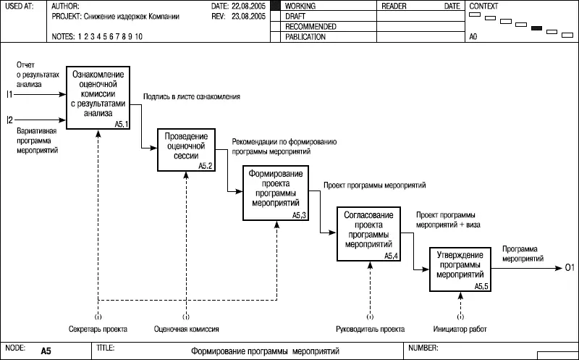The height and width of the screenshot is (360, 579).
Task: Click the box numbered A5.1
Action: point(98,98)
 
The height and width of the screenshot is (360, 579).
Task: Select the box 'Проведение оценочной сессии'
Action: point(187,150)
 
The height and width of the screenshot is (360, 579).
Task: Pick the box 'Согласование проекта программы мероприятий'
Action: point(368,234)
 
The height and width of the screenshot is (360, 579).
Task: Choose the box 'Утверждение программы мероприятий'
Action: point(460,269)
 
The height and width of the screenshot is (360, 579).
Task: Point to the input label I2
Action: point(9,119)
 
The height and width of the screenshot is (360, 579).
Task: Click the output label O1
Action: point(569,269)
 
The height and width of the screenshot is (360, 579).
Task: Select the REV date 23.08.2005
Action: point(248,15)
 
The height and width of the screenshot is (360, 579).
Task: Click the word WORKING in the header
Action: point(301,6)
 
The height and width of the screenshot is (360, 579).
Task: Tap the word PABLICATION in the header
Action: point(305,36)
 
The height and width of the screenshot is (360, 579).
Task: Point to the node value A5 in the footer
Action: point(46,351)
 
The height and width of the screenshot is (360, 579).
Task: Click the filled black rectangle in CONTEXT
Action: point(537,28)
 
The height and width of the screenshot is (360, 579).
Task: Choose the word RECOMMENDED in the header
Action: point(310,26)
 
